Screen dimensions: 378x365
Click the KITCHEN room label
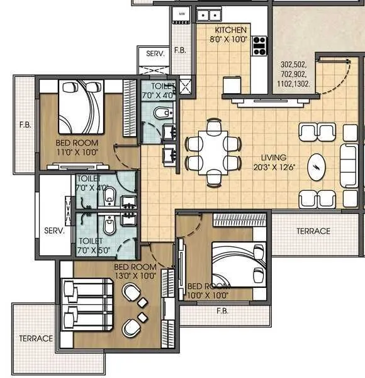coord(232,30)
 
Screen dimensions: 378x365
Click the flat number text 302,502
coord(295,64)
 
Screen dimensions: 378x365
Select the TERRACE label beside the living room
coord(313,231)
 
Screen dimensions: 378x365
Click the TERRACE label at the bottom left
coord(36,338)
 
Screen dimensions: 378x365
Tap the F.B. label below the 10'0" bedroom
coord(222,311)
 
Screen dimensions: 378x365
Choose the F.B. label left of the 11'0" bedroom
coord(25,125)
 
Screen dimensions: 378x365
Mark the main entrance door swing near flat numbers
coord(334,76)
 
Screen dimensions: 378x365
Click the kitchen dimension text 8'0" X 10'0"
coord(231,39)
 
